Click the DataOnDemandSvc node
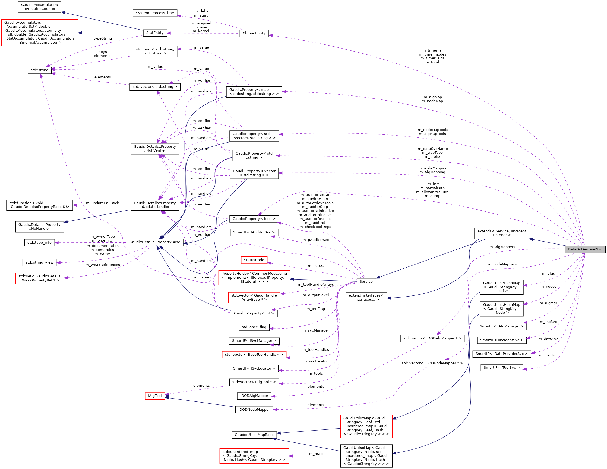click(x=585, y=249)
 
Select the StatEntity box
click(x=155, y=33)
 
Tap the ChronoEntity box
click(x=254, y=33)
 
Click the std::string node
click(x=39, y=70)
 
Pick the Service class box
click(x=366, y=282)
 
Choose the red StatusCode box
click(x=254, y=260)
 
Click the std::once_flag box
click(x=254, y=327)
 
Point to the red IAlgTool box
click(x=155, y=396)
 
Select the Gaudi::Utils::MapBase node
click(x=254, y=435)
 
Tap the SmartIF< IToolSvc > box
click(x=501, y=368)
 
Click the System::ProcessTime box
click(x=155, y=13)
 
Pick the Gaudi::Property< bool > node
click(x=254, y=219)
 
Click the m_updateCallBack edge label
click(x=102, y=203)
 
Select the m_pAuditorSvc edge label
click(x=315, y=240)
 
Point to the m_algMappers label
click(x=502, y=247)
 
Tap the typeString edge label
click(x=103, y=38)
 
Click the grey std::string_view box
click(x=39, y=262)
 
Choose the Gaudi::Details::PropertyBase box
click(x=155, y=242)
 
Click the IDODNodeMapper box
click(x=254, y=410)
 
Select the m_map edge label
click(x=316, y=454)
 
